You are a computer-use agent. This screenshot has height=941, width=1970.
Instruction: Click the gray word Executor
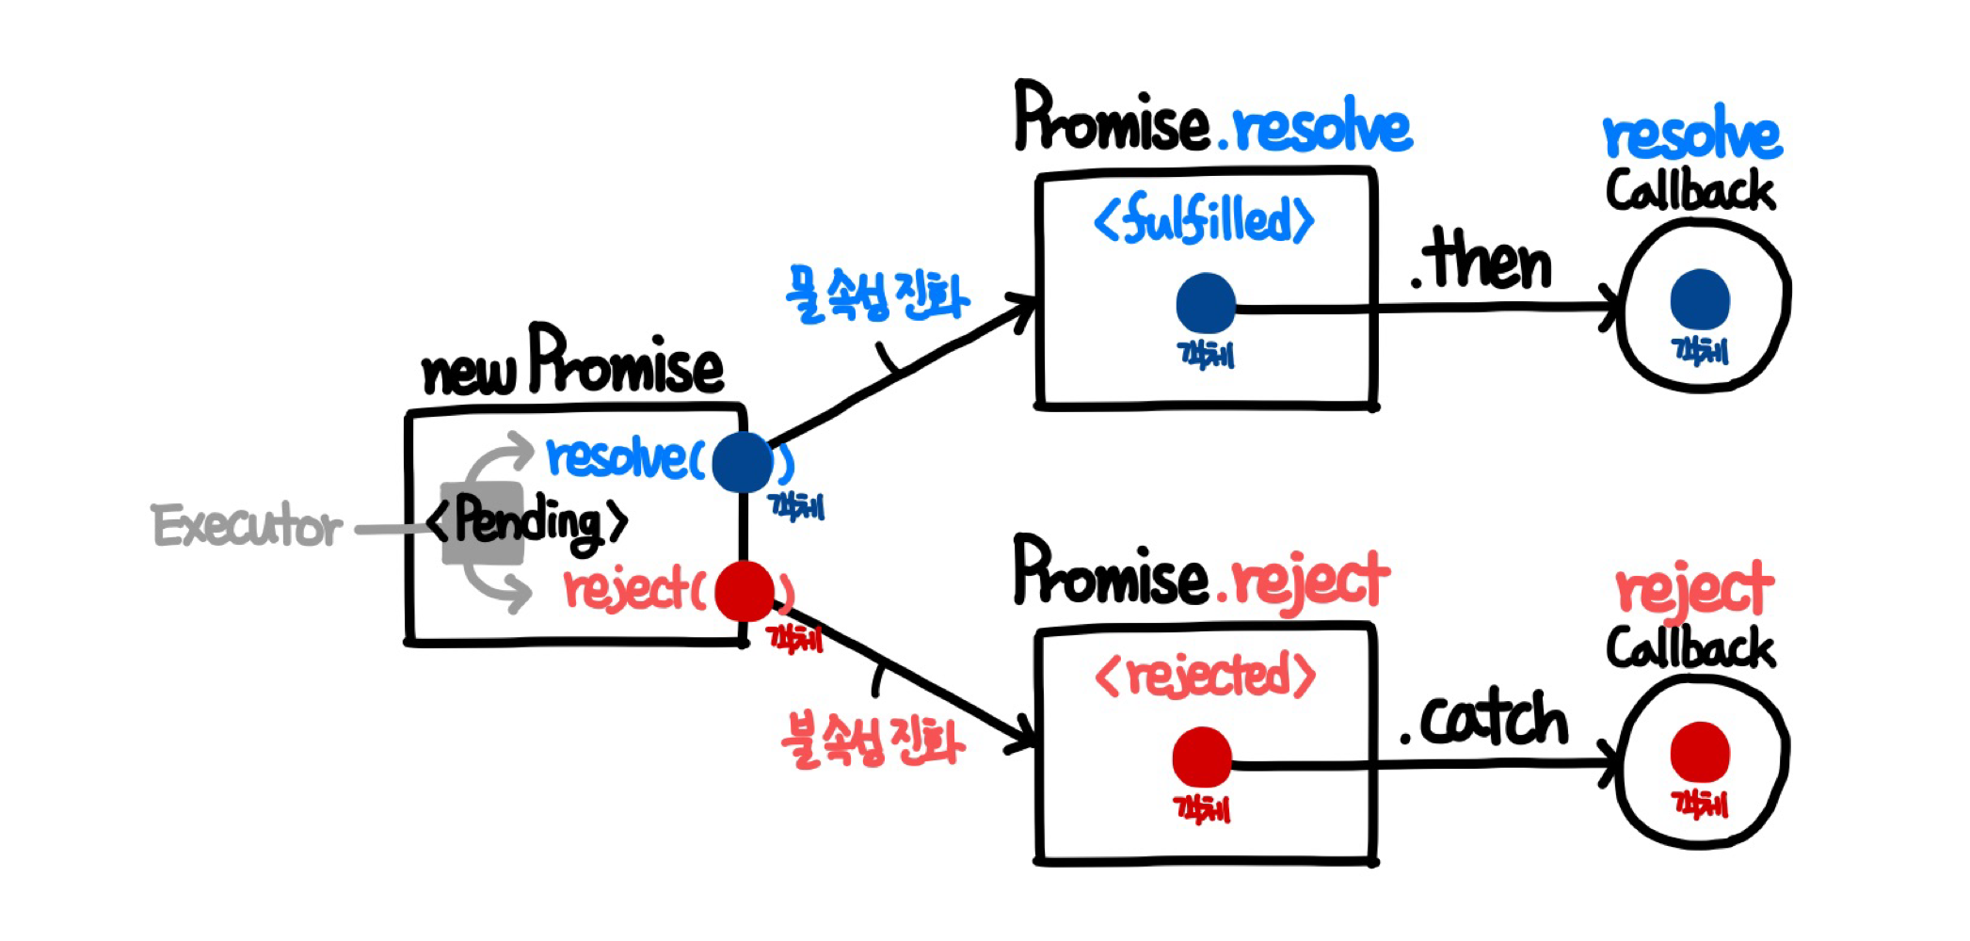tap(247, 526)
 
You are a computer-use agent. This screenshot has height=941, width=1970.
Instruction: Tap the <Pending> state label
tap(527, 520)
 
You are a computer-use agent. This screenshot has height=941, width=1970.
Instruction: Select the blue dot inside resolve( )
tap(743, 462)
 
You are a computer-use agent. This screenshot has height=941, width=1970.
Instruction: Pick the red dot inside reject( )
tap(744, 591)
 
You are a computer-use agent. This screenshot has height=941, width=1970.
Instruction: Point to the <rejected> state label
tap(1206, 676)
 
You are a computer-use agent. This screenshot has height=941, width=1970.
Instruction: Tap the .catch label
tap(1484, 720)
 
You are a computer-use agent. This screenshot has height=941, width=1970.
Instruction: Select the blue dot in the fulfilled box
tap(1206, 303)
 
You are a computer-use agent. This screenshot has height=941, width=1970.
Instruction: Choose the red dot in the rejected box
tap(1202, 758)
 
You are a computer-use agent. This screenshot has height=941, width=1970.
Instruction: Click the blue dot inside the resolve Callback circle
tap(1700, 299)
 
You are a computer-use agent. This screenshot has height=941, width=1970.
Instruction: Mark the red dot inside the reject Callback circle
tap(1700, 752)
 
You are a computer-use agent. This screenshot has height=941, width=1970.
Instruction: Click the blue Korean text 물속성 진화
tap(876, 295)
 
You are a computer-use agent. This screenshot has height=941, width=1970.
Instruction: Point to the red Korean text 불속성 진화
tap(873, 742)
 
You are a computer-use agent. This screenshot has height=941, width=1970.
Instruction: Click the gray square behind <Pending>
tap(482, 555)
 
